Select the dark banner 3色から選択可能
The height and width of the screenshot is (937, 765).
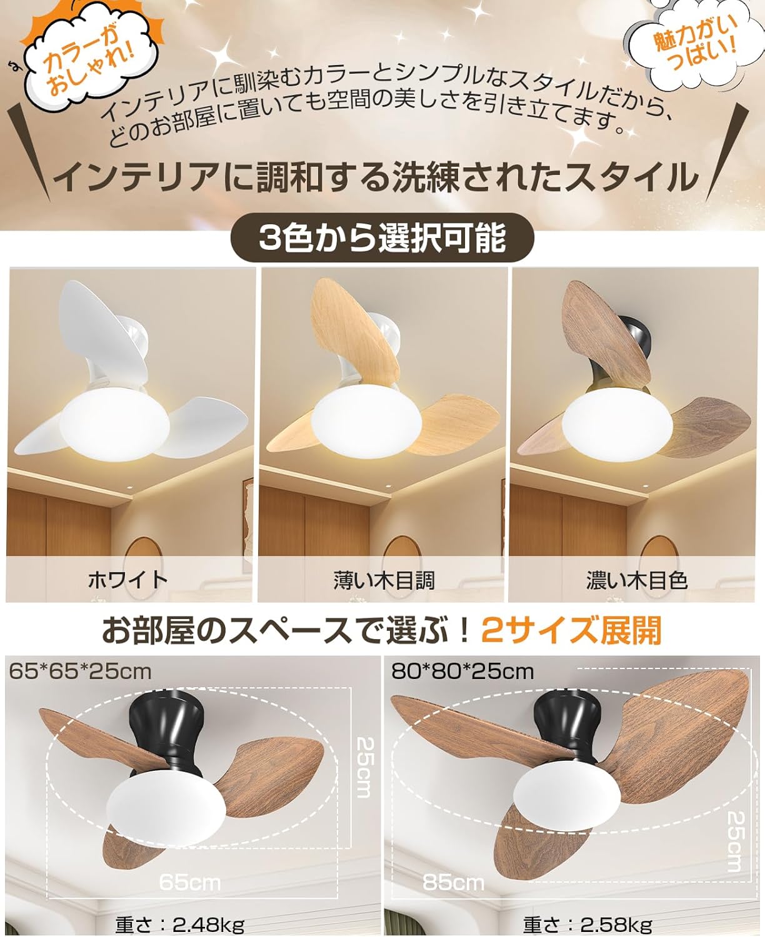(x=382, y=239)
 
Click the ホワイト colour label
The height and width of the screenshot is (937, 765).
(x=128, y=580)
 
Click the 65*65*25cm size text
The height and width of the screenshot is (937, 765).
(x=81, y=671)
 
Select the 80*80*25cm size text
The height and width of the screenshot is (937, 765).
(x=462, y=671)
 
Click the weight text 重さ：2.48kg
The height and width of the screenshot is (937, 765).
(x=180, y=923)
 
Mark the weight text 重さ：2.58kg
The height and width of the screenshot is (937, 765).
(x=587, y=923)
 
